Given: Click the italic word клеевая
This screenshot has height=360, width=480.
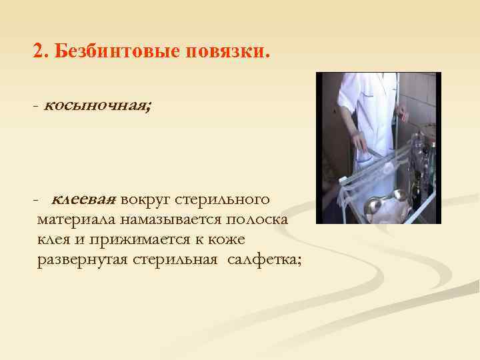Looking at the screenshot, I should click(84, 199).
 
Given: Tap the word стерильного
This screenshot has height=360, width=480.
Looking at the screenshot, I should click(227, 199).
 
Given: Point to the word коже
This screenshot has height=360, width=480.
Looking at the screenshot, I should click(228, 239).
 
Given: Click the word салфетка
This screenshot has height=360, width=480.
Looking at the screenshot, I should click(263, 259).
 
